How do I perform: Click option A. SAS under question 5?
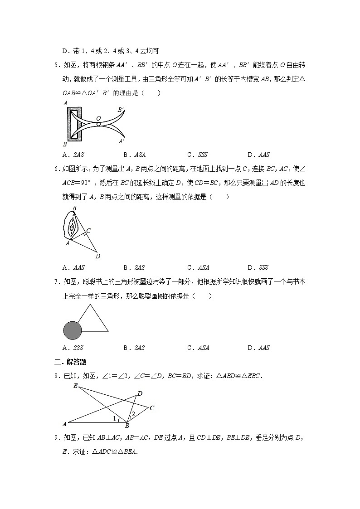(73, 154)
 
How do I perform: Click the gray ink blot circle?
(72, 330)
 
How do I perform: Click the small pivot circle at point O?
(98, 124)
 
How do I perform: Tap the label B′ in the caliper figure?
(121, 110)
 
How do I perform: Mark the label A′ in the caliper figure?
(121, 141)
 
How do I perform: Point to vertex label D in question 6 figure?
(97, 256)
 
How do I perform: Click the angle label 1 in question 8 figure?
(114, 418)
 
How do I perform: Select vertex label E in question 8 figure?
(75, 386)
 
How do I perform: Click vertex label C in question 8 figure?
(152, 408)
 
